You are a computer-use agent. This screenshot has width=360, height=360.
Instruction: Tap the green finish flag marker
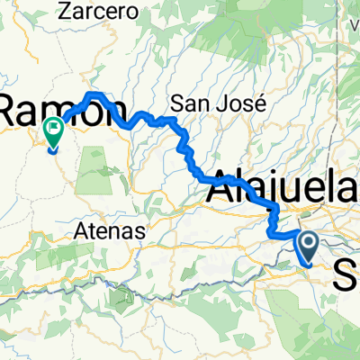coord(53,132)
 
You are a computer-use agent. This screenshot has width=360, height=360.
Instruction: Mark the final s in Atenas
coord(141,231)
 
